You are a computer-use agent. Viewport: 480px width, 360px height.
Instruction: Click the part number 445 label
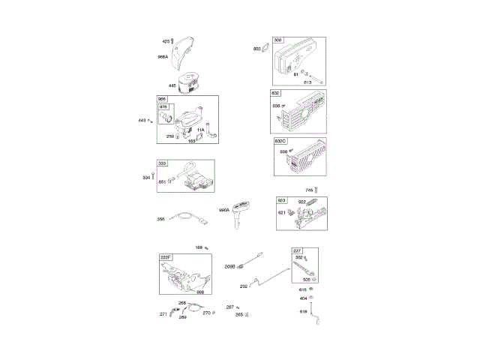(172, 86)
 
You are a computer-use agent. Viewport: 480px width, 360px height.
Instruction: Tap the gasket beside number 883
(266, 49)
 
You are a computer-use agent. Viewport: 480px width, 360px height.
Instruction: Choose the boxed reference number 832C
(281, 141)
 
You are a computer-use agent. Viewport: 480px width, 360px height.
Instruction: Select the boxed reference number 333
(162, 163)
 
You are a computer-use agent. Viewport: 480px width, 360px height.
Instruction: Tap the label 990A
(224, 211)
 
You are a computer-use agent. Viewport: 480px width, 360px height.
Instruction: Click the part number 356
(160, 219)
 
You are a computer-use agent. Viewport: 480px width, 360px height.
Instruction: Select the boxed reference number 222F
(166, 256)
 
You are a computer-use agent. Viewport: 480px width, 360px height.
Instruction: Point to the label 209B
(230, 266)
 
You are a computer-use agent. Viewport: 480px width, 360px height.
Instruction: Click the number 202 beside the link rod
(244, 286)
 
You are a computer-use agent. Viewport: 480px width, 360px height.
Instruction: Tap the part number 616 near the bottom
(304, 310)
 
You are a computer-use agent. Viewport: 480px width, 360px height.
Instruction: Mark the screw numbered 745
(317, 190)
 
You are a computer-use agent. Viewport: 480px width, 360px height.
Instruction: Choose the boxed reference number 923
(282, 200)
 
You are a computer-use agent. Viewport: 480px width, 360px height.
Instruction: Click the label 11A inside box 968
(200, 130)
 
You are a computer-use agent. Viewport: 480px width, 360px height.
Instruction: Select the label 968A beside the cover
(163, 57)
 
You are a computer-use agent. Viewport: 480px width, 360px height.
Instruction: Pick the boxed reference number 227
(297, 250)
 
